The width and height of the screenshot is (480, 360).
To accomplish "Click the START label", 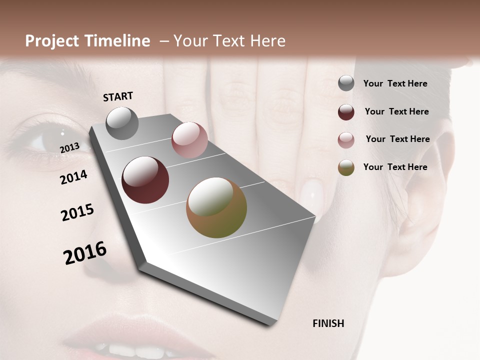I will pos(118,96).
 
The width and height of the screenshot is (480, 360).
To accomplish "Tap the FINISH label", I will pos(328,323).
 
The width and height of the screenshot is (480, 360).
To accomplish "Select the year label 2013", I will pos(69,148).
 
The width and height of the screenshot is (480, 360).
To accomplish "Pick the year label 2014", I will pos(73,177).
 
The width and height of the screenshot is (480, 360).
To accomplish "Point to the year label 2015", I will pos(77,212).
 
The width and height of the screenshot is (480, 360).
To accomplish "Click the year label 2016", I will pos(85,253).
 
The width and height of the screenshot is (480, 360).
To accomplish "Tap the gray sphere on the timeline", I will pos(122,123).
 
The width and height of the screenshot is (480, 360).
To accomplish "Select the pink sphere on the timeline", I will pos(189,140).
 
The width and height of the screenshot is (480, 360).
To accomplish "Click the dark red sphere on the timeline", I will pos(145,180).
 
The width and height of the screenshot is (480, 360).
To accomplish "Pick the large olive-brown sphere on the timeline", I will pos(216,207).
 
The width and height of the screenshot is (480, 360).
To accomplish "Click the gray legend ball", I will pos(346,83).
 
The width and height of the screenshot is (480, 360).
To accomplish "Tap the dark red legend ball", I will pos(346,112).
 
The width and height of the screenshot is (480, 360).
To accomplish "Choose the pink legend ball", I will pos(346,140).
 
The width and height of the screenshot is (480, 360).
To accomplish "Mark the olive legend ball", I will pos(346,167).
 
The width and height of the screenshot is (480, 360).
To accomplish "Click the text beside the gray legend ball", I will pos(395,83).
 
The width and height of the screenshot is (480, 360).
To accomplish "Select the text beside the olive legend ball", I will pos(395,167).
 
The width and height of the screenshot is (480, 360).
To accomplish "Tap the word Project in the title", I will pos(51,41).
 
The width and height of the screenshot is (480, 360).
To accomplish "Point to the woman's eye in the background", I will pos(40,141).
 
